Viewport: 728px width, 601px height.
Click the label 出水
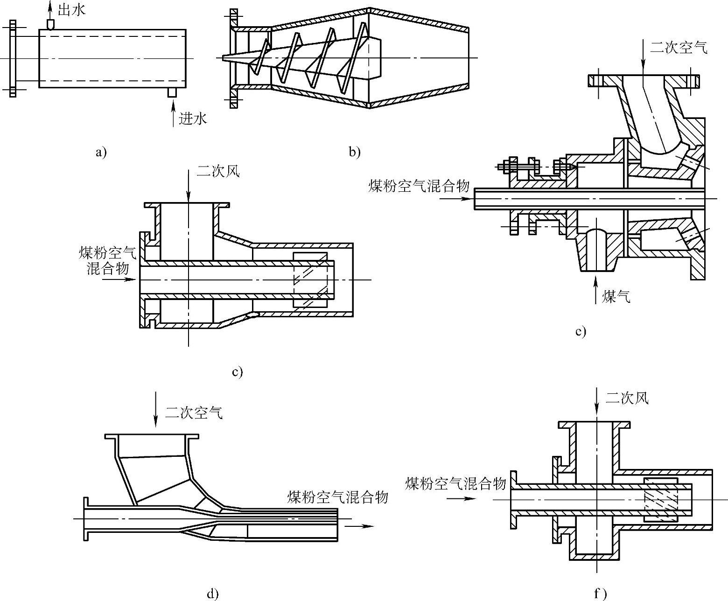pyautogui.click(x=71, y=10)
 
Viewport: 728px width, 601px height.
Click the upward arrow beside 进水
pyautogui.click(x=173, y=117)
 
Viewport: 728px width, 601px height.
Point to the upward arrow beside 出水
pyautogui.click(x=50, y=8)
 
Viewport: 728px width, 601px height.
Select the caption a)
pyautogui.click(x=100, y=152)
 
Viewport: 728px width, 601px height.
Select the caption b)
pyautogui.click(x=354, y=152)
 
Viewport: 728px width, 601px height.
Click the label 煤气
pyautogui.click(x=616, y=296)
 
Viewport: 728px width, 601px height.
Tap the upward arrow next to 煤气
pyautogui.click(x=595, y=289)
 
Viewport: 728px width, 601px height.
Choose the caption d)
pyautogui.click(x=212, y=594)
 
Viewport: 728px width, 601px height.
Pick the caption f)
pyautogui.click(x=600, y=594)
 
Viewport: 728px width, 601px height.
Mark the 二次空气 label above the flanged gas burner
pyautogui.click(x=679, y=47)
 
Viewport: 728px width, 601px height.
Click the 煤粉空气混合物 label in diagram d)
pyautogui.click(x=337, y=497)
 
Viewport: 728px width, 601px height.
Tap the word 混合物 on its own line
pyautogui.click(x=108, y=268)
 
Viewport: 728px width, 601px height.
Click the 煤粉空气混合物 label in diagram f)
pyautogui.click(x=455, y=483)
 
